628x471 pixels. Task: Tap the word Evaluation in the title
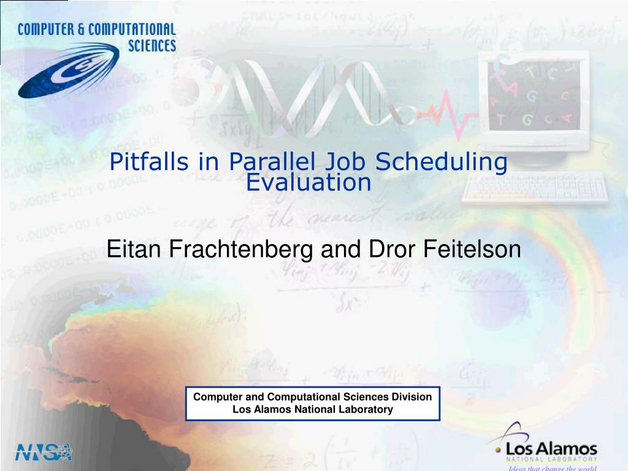(309, 182)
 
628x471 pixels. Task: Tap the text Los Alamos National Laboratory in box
(313, 410)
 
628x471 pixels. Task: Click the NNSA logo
(44, 451)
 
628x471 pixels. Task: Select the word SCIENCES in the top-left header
(151, 45)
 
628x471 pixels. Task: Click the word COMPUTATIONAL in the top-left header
(132, 29)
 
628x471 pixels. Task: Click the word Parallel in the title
(272, 162)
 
